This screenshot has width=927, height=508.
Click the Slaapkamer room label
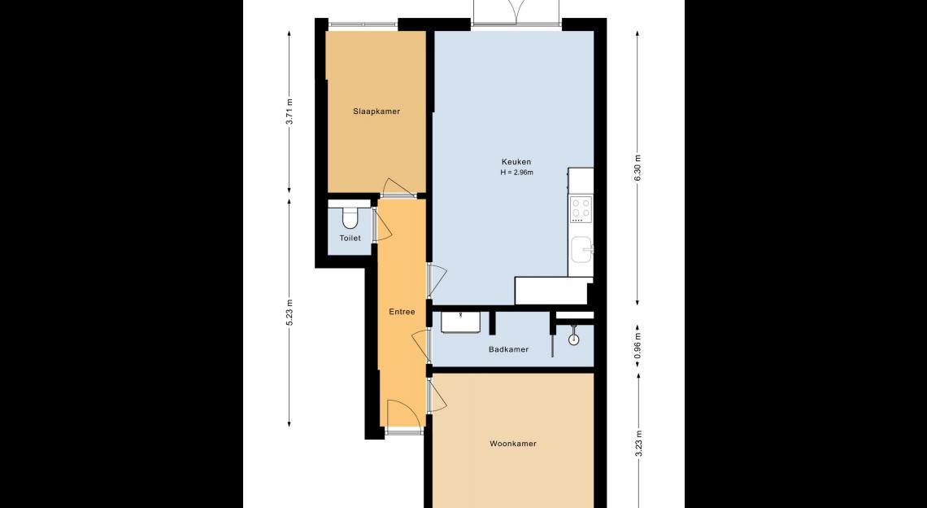(376, 112)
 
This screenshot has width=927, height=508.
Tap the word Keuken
(516, 162)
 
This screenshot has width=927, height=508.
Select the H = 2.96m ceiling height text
(516, 173)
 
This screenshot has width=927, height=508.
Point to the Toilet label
(350, 238)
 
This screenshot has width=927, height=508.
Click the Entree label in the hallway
(402, 312)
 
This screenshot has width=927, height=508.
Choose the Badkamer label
(508, 349)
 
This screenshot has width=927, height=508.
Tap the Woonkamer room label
(513, 444)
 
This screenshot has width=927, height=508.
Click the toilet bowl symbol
(350, 218)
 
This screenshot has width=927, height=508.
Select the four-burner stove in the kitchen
(581, 209)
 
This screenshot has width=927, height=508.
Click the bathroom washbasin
(460, 322)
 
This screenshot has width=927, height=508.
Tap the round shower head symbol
(573, 339)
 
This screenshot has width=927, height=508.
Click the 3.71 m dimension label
(289, 111)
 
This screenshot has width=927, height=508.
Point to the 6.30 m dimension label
(638, 168)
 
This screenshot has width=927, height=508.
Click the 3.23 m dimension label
(638, 444)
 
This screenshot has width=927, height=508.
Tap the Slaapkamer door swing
(398, 187)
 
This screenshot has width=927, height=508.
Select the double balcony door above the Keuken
(516, 13)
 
